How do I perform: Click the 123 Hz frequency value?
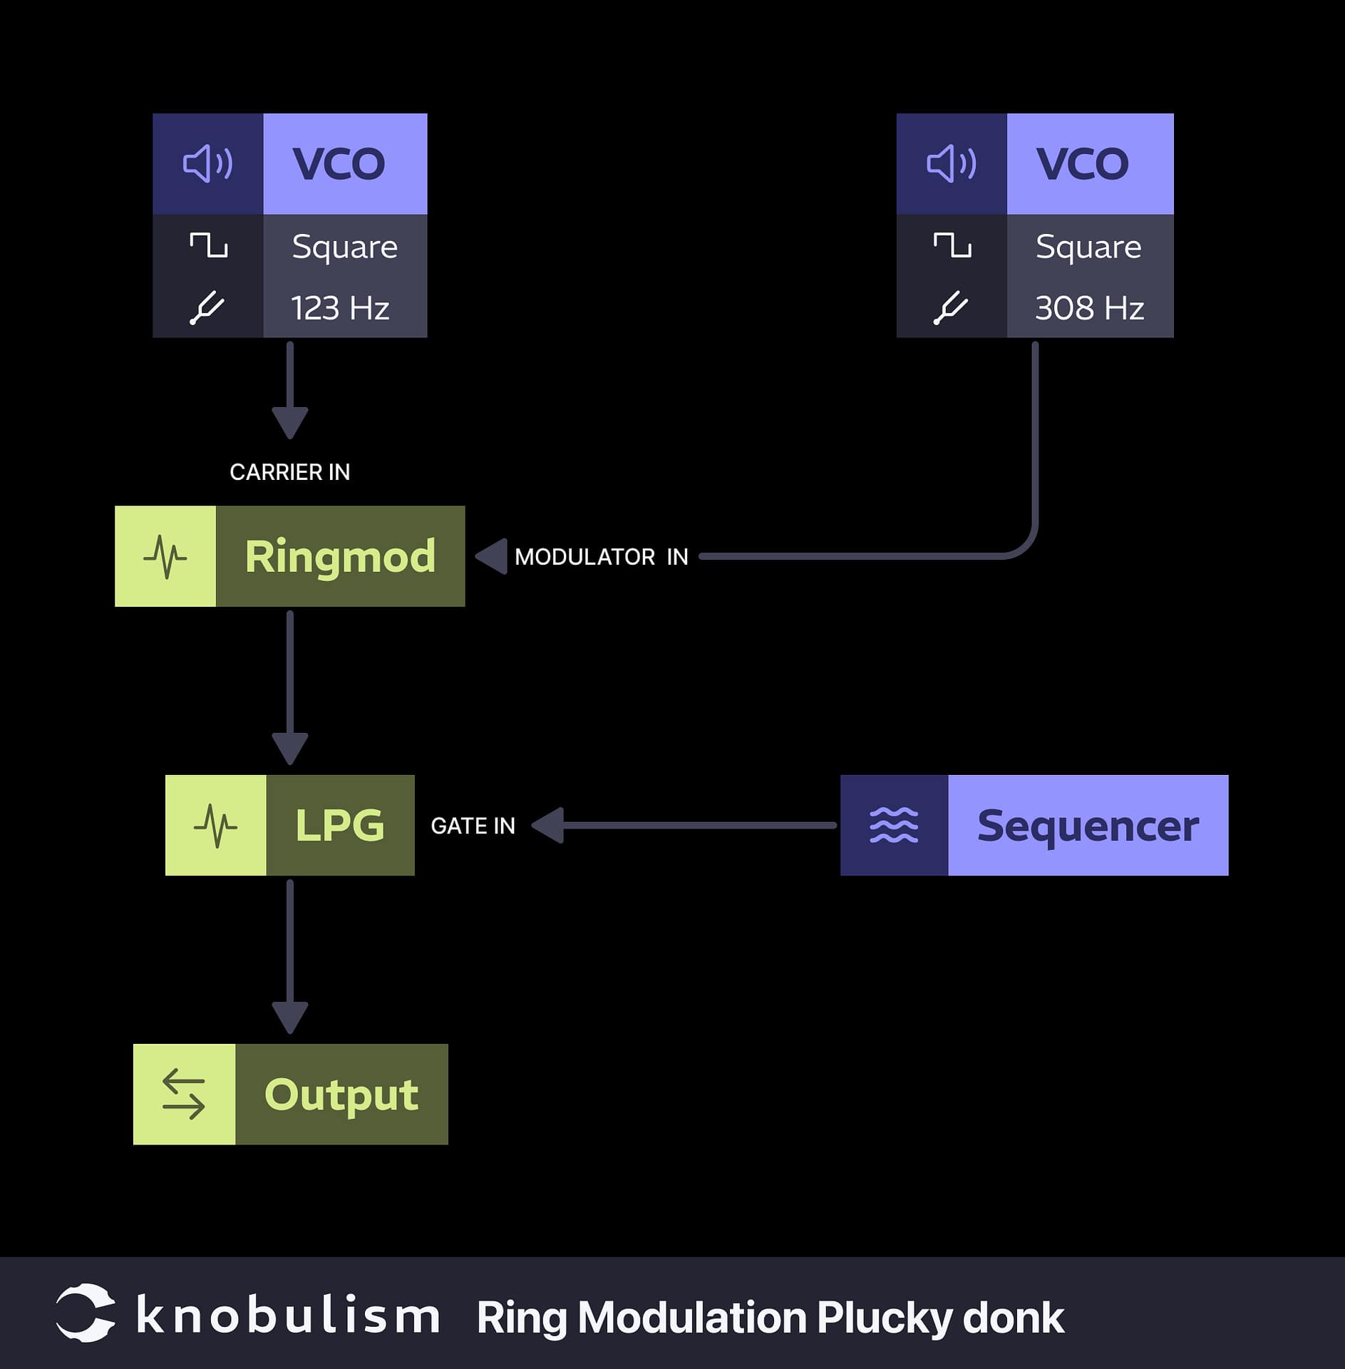coord(340,308)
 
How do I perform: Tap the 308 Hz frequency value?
coord(1089,308)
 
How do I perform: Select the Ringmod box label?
coord(340,556)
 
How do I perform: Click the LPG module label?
coord(340,825)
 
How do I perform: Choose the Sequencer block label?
coord(1088,825)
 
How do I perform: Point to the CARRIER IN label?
coord(289,472)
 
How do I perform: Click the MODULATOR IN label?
coord(601,557)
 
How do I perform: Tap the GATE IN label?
coord(473,826)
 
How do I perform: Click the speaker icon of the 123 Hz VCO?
coord(207,164)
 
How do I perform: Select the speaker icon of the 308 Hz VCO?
coord(951,164)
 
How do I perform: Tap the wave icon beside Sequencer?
coord(894,825)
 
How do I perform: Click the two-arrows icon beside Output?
coord(184,1094)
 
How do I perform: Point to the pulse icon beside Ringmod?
coord(165,556)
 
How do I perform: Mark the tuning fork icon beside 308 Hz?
coord(951,308)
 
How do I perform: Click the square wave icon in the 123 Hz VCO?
coord(208,245)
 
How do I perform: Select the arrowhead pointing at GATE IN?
coord(548,825)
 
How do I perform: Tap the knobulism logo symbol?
coord(86,1313)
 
